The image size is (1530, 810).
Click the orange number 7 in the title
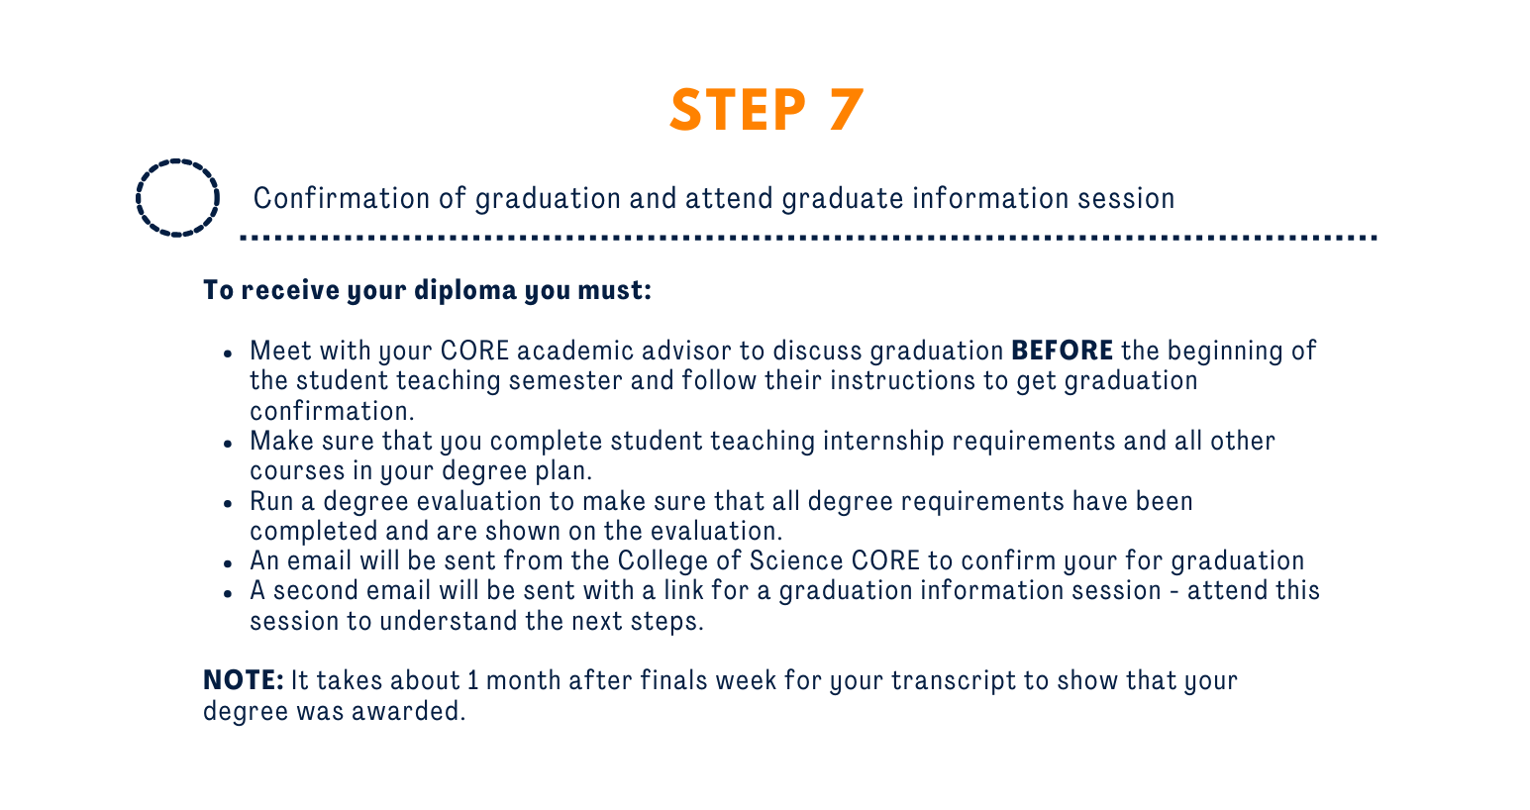coord(847,109)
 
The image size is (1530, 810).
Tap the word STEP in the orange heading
coord(738,109)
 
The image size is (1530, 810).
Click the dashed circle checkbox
coord(177,159)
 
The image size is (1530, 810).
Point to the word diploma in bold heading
coord(465,290)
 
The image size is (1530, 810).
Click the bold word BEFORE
coord(1063,351)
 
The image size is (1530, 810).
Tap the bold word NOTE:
coord(244,680)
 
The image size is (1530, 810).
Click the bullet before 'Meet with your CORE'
coord(228,354)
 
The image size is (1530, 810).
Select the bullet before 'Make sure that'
coord(228,444)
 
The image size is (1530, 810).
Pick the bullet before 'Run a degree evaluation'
coord(228,504)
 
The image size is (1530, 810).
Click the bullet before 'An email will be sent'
coord(228,563)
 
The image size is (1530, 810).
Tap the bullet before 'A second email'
coord(228,593)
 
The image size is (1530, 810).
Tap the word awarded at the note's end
coord(408,711)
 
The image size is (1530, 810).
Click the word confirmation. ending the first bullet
coord(332,411)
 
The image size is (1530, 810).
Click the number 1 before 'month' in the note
coord(472,681)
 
